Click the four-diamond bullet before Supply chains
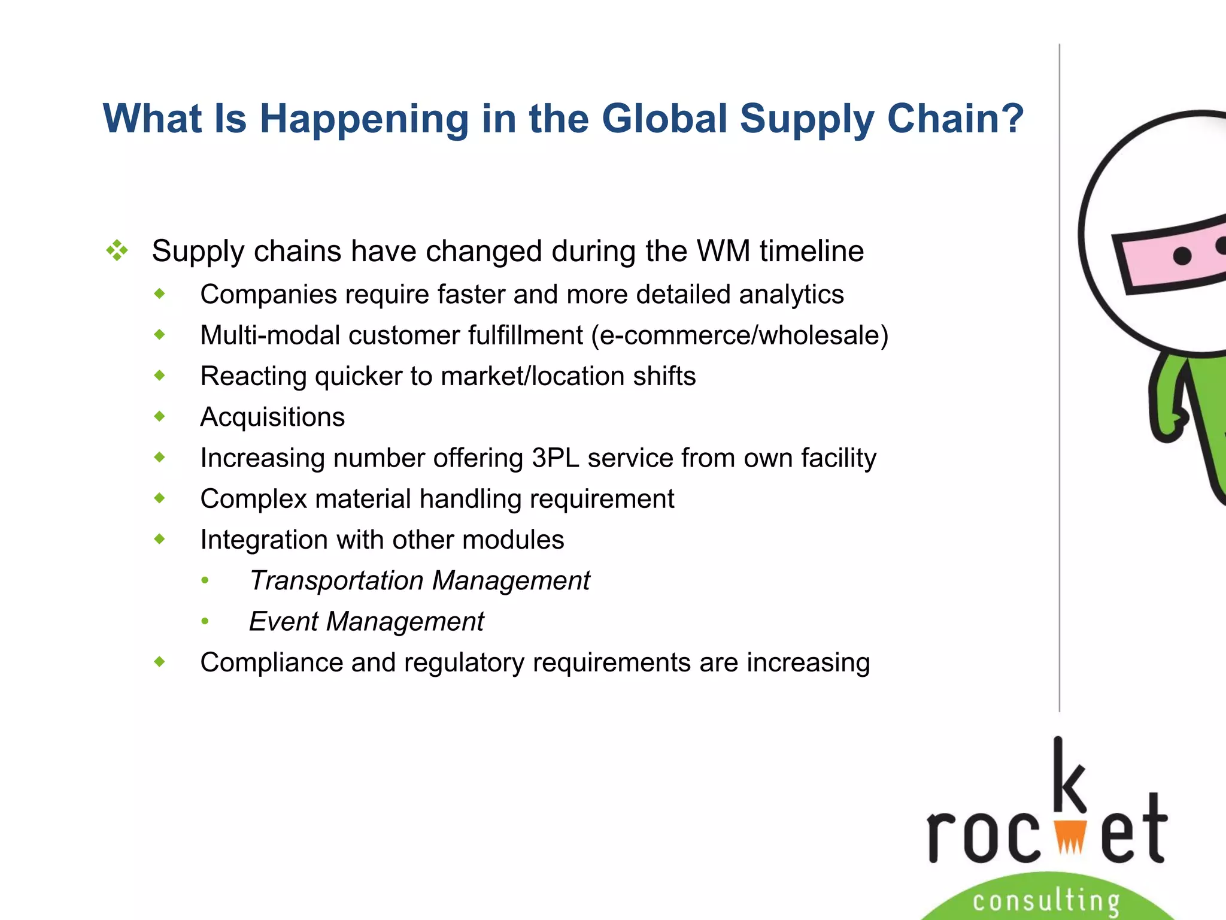click(117, 250)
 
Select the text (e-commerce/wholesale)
click(739, 335)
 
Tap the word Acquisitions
click(272, 417)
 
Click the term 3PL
click(555, 458)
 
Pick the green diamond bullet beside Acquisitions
click(159, 416)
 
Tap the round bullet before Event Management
click(205, 622)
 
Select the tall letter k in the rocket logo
click(1069, 776)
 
